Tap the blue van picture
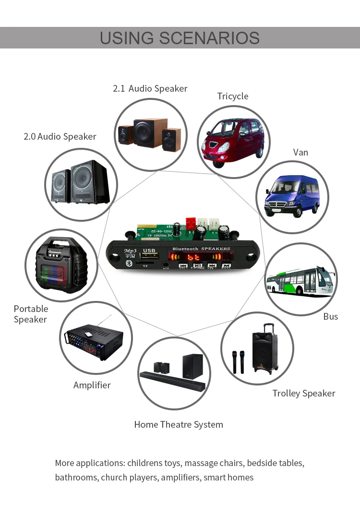click(292, 196)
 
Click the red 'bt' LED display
click(194, 258)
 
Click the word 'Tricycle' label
click(233, 96)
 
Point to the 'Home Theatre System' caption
click(179, 424)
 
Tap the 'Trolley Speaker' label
click(303, 393)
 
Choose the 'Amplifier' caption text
click(92, 385)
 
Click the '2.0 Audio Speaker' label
click(60, 136)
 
